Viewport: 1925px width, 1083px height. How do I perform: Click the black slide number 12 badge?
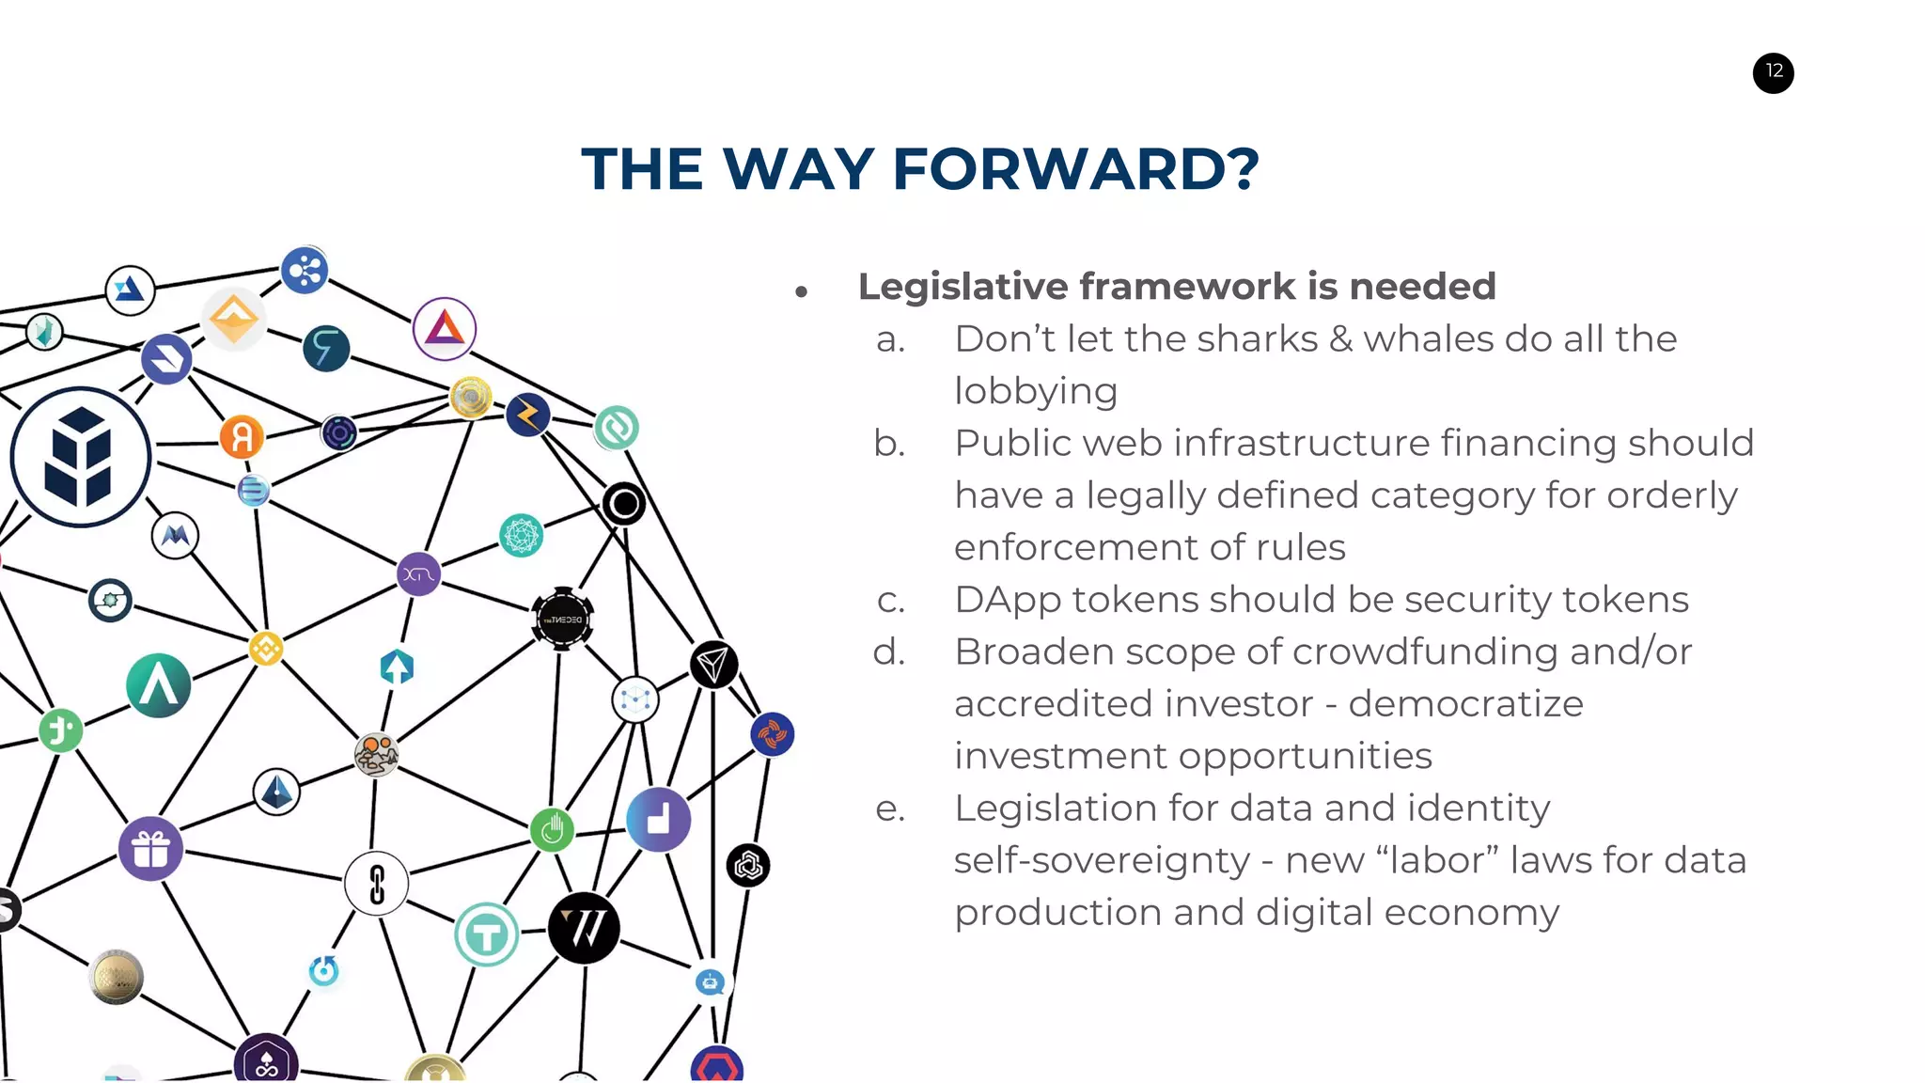[1773, 72]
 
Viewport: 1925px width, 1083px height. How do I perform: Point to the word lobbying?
[1036, 392]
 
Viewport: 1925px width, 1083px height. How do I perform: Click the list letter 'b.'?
[889, 444]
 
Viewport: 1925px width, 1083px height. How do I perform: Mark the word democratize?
[1465, 704]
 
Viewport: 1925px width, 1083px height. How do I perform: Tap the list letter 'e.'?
[889, 808]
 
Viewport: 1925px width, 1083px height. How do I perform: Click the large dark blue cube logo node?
[81, 457]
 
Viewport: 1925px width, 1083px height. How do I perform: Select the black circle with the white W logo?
[584, 928]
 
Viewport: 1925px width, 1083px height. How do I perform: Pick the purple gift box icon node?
[150, 849]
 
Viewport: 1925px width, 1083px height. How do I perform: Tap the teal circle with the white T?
[486, 934]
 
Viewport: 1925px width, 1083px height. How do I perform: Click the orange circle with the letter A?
[242, 437]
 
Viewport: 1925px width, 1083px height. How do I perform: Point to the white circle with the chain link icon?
[377, 884]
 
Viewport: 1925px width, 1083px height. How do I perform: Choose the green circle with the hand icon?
[552, 829]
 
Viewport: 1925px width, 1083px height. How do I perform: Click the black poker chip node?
[562, 619]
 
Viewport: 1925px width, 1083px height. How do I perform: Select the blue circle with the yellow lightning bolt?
[527, 415]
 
